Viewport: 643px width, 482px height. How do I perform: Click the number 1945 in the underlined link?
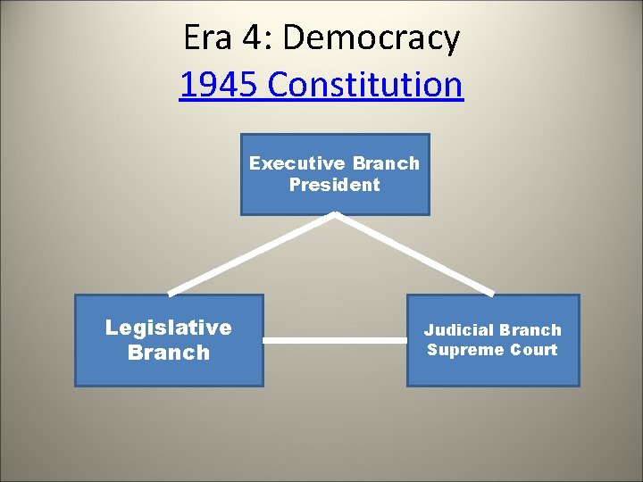coord(218,85)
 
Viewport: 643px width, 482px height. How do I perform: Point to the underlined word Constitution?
coord(365,85)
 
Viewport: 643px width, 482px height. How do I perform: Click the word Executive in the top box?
coord(297,163)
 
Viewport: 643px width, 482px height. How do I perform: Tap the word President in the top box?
coord(335,185)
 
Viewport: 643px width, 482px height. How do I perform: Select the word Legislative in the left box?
coord(169,328)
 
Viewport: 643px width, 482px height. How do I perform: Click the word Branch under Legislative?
coord(169,353)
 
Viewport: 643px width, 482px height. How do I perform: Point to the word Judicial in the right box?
coord(456,330)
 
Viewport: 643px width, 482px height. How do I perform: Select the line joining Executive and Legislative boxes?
coord(252,253)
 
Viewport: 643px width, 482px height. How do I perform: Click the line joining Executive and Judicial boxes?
coord(414,253)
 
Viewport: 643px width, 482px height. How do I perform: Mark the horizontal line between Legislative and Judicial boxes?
coord(335,340)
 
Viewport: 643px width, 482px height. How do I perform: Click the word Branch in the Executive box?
coord(386,163)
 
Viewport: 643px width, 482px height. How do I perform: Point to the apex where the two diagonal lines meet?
coord(335,214)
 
